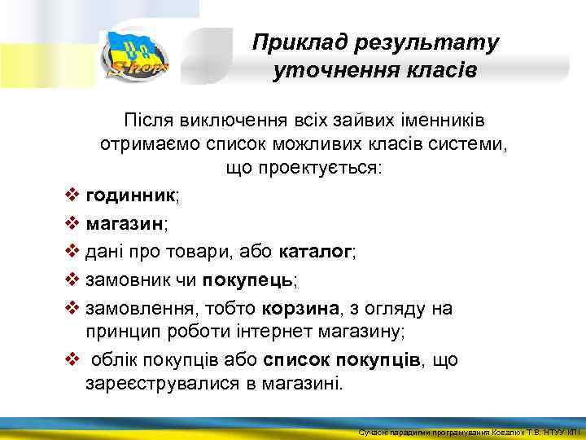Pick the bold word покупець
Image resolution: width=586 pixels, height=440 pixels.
[x=247, y=280]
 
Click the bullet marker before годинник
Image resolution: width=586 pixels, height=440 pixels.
[x=72, y=196]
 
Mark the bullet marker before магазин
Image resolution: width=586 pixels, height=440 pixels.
[x=72, y=224]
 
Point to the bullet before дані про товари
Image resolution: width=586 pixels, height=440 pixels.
[x=72, y=252]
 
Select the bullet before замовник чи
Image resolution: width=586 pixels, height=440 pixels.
[x=72, y=280]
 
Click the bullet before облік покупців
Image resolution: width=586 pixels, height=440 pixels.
[x=72, y=359]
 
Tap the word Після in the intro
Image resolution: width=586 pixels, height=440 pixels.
[x=145, y=121]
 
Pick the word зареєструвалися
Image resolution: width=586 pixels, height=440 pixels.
[x=162, y=383]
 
